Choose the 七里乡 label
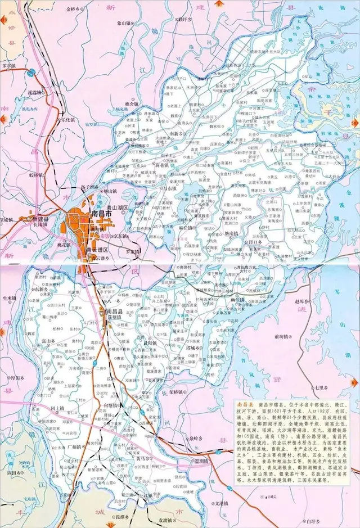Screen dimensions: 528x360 (322, 387)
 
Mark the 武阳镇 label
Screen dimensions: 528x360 (150, 342)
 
